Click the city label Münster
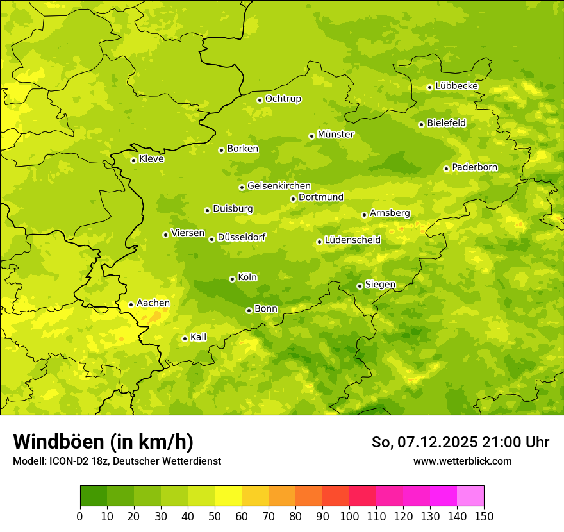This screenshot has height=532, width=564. (336, 135)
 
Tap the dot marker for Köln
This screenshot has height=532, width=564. (232, 279)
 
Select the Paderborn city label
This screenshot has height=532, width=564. (475, 167)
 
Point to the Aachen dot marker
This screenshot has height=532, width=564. (131, 304)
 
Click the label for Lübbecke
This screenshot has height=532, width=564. (457, 86)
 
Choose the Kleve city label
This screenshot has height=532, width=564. (152, 159)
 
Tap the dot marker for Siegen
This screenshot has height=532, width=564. (360, 286)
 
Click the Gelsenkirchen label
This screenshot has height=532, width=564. (279, 186)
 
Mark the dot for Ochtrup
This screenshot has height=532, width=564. (260, 100)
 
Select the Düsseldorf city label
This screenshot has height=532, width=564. (242, 237)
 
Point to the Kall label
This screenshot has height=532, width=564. (199, 337)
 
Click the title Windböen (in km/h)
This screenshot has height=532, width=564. (103, 442)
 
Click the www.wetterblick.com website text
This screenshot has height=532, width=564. (463, 461)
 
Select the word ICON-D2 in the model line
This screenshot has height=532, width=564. (67, 461)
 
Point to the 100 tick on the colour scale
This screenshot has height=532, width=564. (349, 516)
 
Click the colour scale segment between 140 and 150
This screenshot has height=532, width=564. (470, 496)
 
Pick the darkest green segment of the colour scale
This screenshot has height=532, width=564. (94, 496)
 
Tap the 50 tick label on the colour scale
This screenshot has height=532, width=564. (215, 516)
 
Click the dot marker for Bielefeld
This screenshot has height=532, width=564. (421, 124)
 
